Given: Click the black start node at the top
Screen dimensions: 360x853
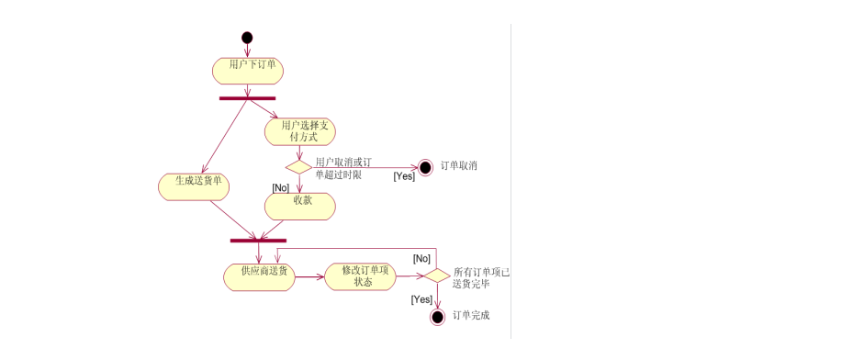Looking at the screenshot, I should pyautogui.click(x=246, y=38).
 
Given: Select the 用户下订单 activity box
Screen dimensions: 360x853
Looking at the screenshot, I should pyautogui.click(x=247, y=69).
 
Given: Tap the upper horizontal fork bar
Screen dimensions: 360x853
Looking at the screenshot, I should pyautogui.click(x=247, y=97).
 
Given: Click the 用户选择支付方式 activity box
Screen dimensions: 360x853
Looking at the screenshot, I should pyautogui.click(x=300, y=130).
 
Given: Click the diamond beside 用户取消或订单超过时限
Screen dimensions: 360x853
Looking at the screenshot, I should pyautogui.click(x=299, y=167).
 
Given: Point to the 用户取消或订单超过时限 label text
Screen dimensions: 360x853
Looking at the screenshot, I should pyautogui.click(x=338, y=167).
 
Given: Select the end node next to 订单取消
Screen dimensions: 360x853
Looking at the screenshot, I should pyautogui.click(x=425, y=167).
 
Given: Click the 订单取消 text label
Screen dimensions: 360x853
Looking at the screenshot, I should pyautogui.click(x=459, y=166).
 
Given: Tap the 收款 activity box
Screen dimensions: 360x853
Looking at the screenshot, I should pyautogui.click(x=300, y=206).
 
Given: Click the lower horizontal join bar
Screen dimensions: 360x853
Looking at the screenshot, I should pyautogui.click(x=258, y=241).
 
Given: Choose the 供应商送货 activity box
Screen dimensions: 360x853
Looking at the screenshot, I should pyautogui.click(x=260, y=276).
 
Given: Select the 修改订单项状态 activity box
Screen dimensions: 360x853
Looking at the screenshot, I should pyautogui.click(x=362, y=276).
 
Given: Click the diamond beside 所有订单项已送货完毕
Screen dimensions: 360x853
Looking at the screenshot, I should pyautogui.click(x=437, y=276).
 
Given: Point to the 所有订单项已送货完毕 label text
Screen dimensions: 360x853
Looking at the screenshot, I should pyautogui.click(x=481, y=278).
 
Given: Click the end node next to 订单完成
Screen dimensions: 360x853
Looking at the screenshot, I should pyautogui.click(x=437, y=317).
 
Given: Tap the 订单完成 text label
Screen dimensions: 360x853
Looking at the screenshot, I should pyautogui.click(x=471, y=316).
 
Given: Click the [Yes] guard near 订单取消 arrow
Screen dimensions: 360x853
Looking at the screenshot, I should pyautogui.click(x=404, y=176).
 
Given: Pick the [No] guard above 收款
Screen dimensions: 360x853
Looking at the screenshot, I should pyautogui.click(x=281, y=187).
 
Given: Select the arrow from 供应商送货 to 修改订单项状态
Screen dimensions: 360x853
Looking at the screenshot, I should pyautogui.click(x=310, y=276).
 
